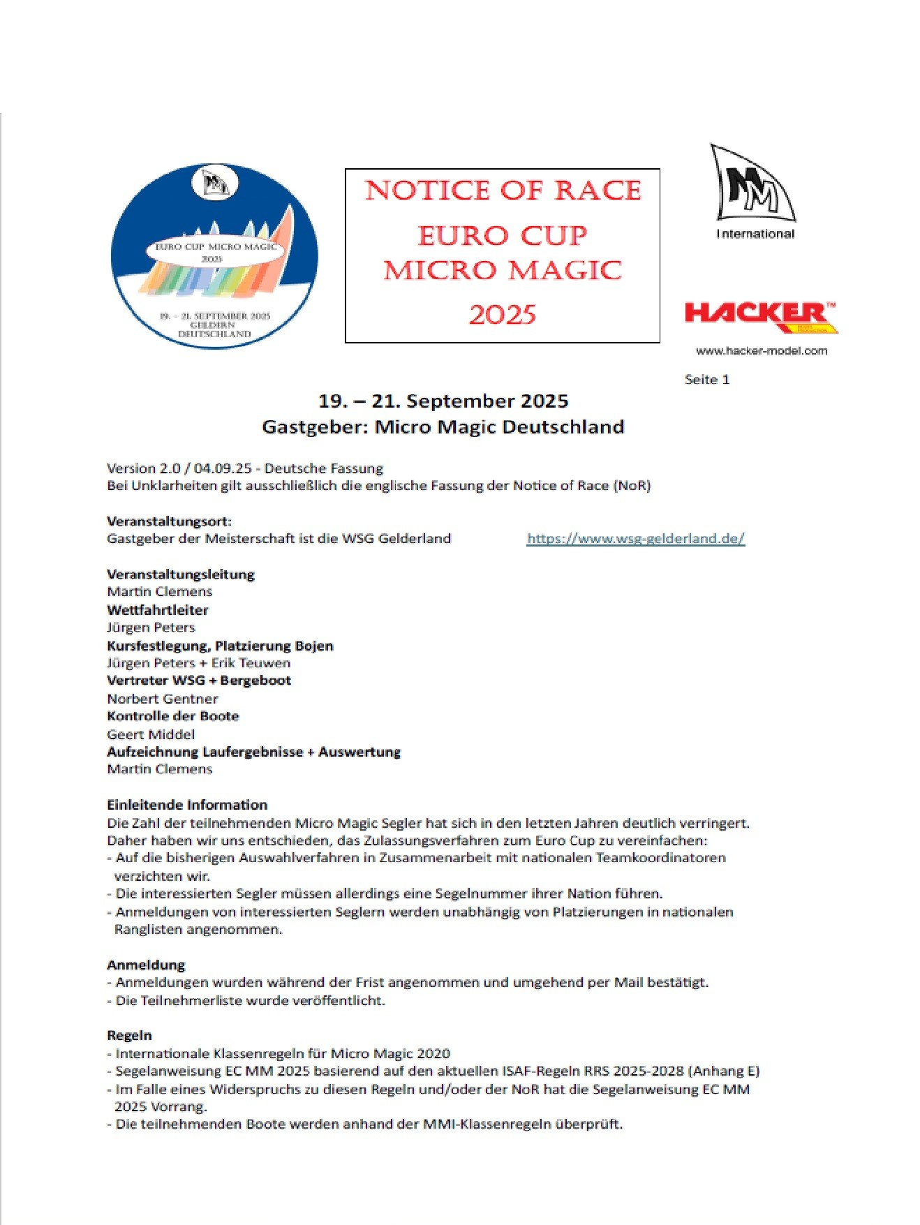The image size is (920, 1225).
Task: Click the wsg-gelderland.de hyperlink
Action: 635,538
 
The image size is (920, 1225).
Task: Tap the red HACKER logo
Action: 760,316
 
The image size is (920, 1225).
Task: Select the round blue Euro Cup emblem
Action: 214,255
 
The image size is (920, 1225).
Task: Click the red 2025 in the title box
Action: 502,315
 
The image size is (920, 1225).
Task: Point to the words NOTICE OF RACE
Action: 503,191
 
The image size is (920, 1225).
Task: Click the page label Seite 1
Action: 706,380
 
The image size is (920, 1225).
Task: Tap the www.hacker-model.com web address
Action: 761,351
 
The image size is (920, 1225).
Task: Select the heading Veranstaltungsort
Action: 169,521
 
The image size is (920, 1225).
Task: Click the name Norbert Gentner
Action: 162,699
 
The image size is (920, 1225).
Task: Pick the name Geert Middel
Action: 151,734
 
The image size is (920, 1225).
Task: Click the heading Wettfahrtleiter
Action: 158,609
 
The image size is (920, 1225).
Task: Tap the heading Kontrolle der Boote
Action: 172,716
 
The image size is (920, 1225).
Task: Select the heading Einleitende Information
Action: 187,804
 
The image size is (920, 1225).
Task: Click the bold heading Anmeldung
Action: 146,965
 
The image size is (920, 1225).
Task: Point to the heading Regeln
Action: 129,1035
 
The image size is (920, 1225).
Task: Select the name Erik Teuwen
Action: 251,663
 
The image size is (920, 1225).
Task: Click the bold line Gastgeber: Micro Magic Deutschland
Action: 443,426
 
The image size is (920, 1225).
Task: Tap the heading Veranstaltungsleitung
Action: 180,574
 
